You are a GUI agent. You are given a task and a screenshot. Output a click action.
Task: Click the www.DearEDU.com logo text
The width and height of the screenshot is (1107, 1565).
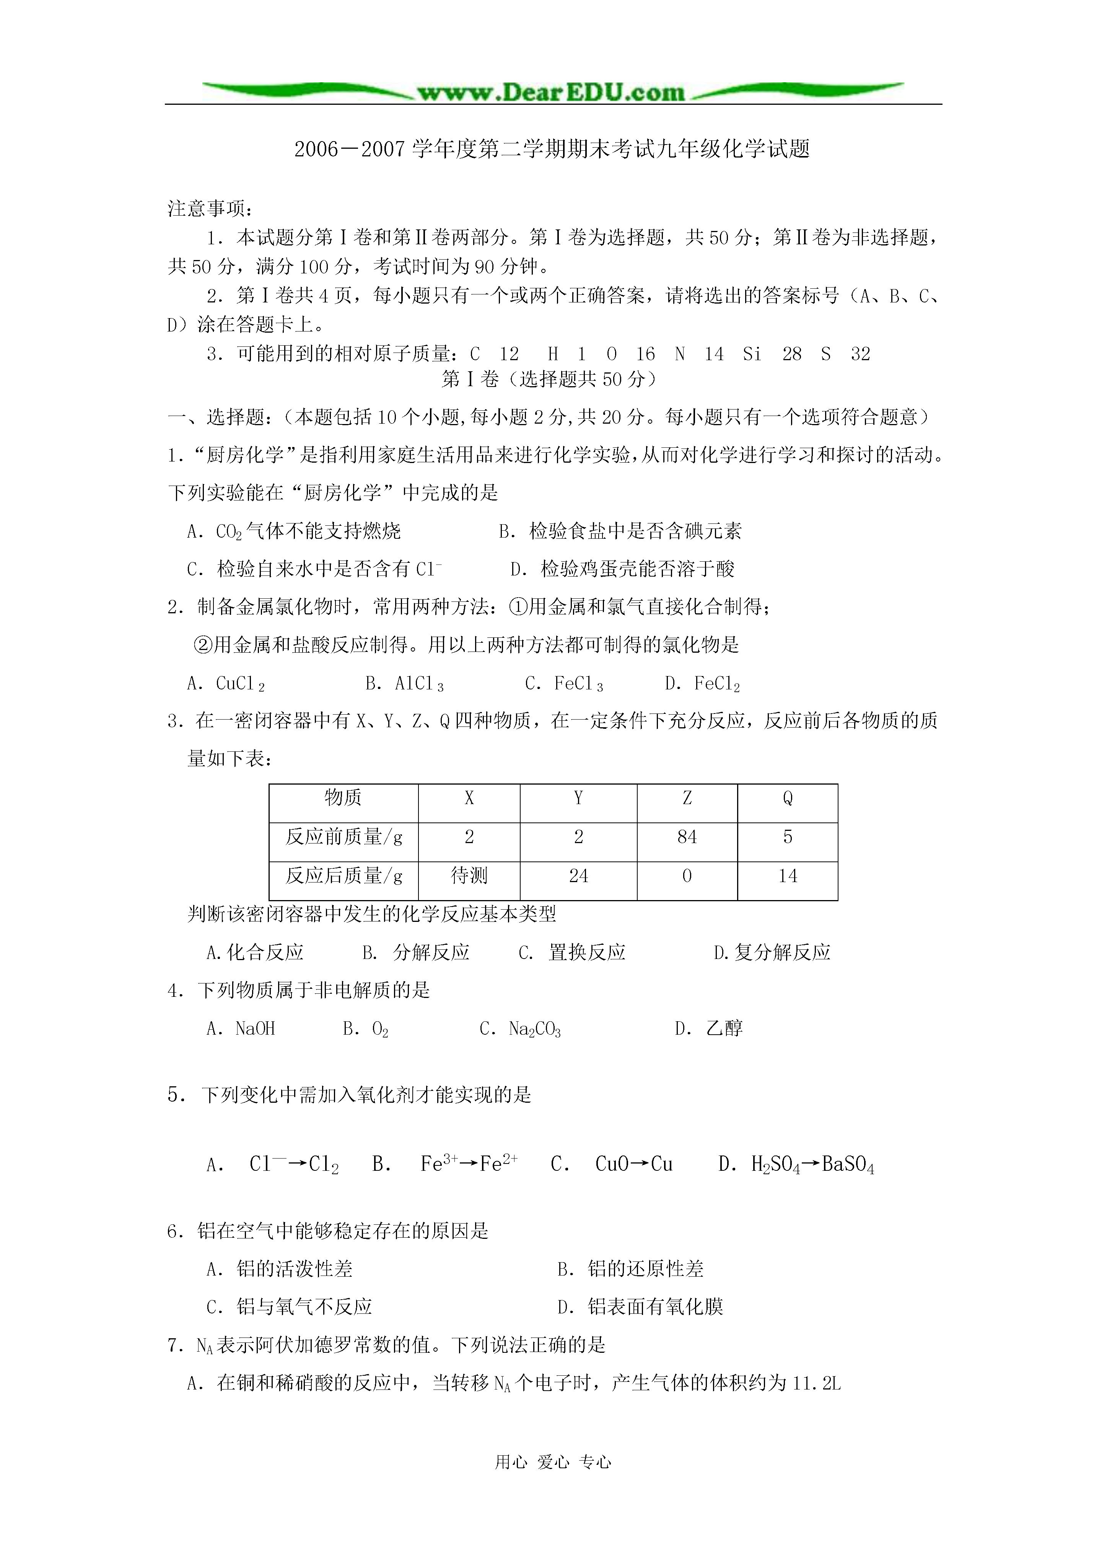pos(551,93)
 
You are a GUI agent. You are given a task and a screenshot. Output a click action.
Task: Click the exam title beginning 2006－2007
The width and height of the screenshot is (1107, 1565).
pos(552,149)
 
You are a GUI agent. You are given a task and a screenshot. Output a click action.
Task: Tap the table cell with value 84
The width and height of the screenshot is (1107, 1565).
pos(687,837)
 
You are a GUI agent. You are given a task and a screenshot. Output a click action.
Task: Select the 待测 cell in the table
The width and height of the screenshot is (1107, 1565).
pos(469,876)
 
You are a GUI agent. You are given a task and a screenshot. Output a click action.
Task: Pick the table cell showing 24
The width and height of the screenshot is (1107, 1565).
pos(578,876)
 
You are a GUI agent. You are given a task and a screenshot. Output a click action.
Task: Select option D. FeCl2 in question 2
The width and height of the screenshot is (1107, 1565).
pos(703,684)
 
